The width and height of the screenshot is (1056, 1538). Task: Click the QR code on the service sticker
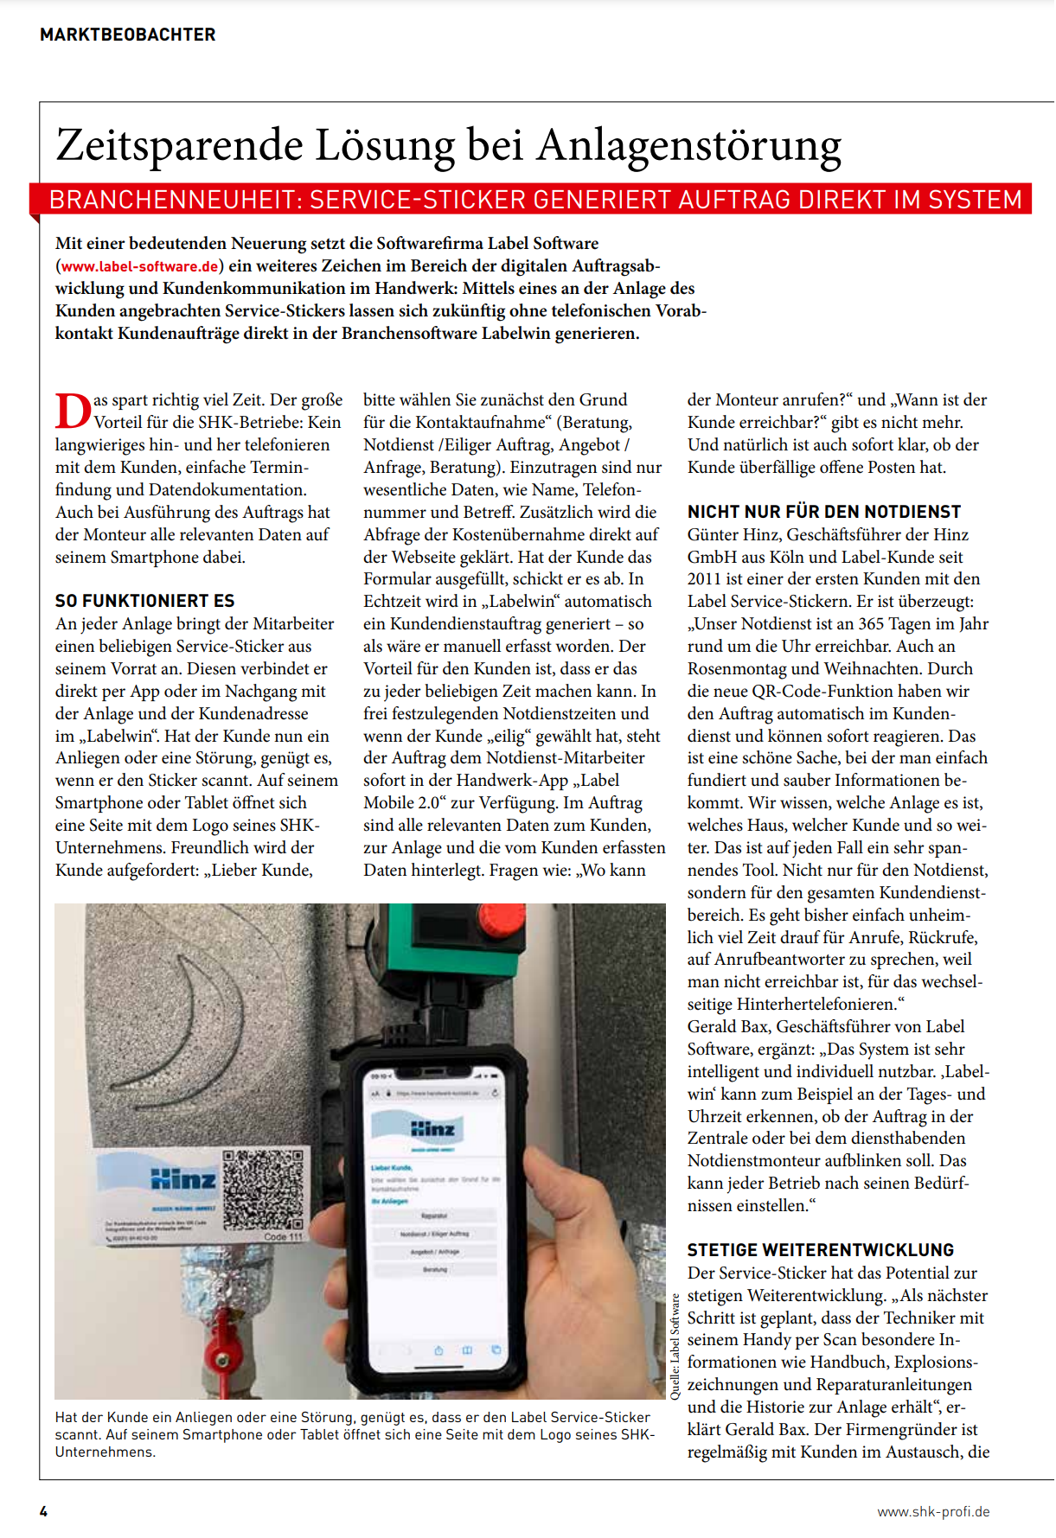[263, 1190]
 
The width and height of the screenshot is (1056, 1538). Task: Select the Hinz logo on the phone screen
[432, 1129]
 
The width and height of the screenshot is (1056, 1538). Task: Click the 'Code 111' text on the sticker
[283, 1237]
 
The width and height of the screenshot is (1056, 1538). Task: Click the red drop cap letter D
[73, 411]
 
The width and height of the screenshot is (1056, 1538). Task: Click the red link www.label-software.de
[139, 266]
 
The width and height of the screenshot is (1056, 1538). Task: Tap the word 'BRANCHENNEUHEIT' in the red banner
[173, 200]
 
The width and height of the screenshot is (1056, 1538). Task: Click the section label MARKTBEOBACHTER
[128, 35]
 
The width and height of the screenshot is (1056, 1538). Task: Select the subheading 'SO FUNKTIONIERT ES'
[144, 601]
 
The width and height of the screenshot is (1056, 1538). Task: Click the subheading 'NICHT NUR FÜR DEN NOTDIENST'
[823, 512]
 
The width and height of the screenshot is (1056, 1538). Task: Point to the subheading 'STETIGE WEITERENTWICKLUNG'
[820, 1250]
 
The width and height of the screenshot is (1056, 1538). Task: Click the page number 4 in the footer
[43, 1511]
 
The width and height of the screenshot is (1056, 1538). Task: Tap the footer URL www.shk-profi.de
[932, 1511]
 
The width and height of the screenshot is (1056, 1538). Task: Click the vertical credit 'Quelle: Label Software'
[675, 1345]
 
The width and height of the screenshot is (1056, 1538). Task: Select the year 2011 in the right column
[706, 579]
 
